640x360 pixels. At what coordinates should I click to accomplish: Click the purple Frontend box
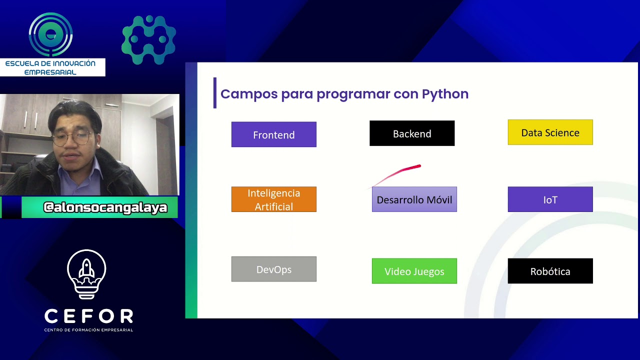(273, 134)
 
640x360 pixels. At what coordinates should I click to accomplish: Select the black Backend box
(411, 133)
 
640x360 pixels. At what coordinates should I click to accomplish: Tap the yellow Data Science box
(550, 132)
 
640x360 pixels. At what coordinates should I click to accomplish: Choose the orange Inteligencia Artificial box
(273, 199)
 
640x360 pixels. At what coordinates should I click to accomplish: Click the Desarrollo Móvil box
(414, 199)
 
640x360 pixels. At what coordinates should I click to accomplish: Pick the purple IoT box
(550, 199)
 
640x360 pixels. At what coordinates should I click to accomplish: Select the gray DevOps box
(273, 269)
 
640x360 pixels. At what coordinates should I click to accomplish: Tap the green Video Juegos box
(414, 271)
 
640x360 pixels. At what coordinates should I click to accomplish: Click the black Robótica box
(550, 271)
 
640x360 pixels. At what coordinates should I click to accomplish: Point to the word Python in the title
(445, 94)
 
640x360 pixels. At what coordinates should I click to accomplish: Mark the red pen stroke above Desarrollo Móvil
(400, 173)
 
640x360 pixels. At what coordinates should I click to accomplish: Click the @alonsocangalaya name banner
(105, 207)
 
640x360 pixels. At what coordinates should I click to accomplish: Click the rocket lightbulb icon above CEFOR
(86, 274)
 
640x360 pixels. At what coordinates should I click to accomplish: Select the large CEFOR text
(88, 316)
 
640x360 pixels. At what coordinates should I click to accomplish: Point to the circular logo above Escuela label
(50, 34)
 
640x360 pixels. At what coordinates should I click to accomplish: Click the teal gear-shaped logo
(148, 39)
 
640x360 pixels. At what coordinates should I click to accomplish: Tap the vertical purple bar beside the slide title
(215, 93)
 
